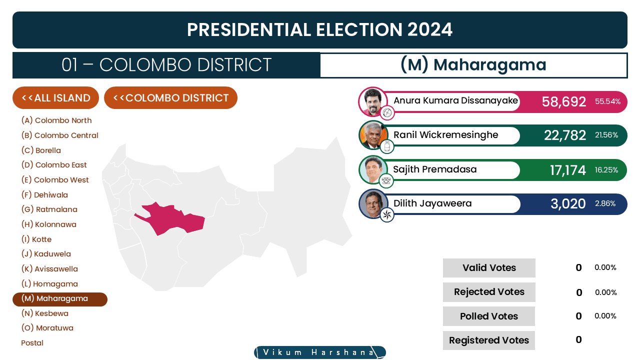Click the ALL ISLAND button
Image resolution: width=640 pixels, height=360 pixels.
[55, 97]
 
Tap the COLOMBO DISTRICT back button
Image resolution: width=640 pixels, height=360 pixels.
[170, 97]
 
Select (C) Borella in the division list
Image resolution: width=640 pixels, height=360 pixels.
[41, 150]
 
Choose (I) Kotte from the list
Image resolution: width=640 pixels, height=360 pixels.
[36, 239]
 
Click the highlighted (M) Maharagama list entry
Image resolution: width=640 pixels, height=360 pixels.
[60, 299]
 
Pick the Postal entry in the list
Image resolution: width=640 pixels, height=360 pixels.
[32, 343]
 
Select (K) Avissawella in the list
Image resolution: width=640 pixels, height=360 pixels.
[49, 269]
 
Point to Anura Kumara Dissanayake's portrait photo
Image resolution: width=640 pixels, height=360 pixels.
[373, 101]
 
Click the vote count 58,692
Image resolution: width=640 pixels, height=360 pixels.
[563, 101]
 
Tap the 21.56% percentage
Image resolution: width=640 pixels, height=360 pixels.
[606, 135]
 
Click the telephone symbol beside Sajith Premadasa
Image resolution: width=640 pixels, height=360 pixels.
[386, 180]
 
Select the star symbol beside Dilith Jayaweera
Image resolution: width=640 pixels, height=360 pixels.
[387, 215]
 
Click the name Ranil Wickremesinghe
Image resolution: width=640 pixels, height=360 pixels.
[445, 134]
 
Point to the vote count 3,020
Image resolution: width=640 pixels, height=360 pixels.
[568, 203]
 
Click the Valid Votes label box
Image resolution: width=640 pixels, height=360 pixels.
[489, 267]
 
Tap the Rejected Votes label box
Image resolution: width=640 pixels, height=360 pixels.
[489, 292]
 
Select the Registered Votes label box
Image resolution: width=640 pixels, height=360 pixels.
[489, 340]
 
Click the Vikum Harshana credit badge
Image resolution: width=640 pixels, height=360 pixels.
[320, 352]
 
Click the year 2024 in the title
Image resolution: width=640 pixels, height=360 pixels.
[429, 29]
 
